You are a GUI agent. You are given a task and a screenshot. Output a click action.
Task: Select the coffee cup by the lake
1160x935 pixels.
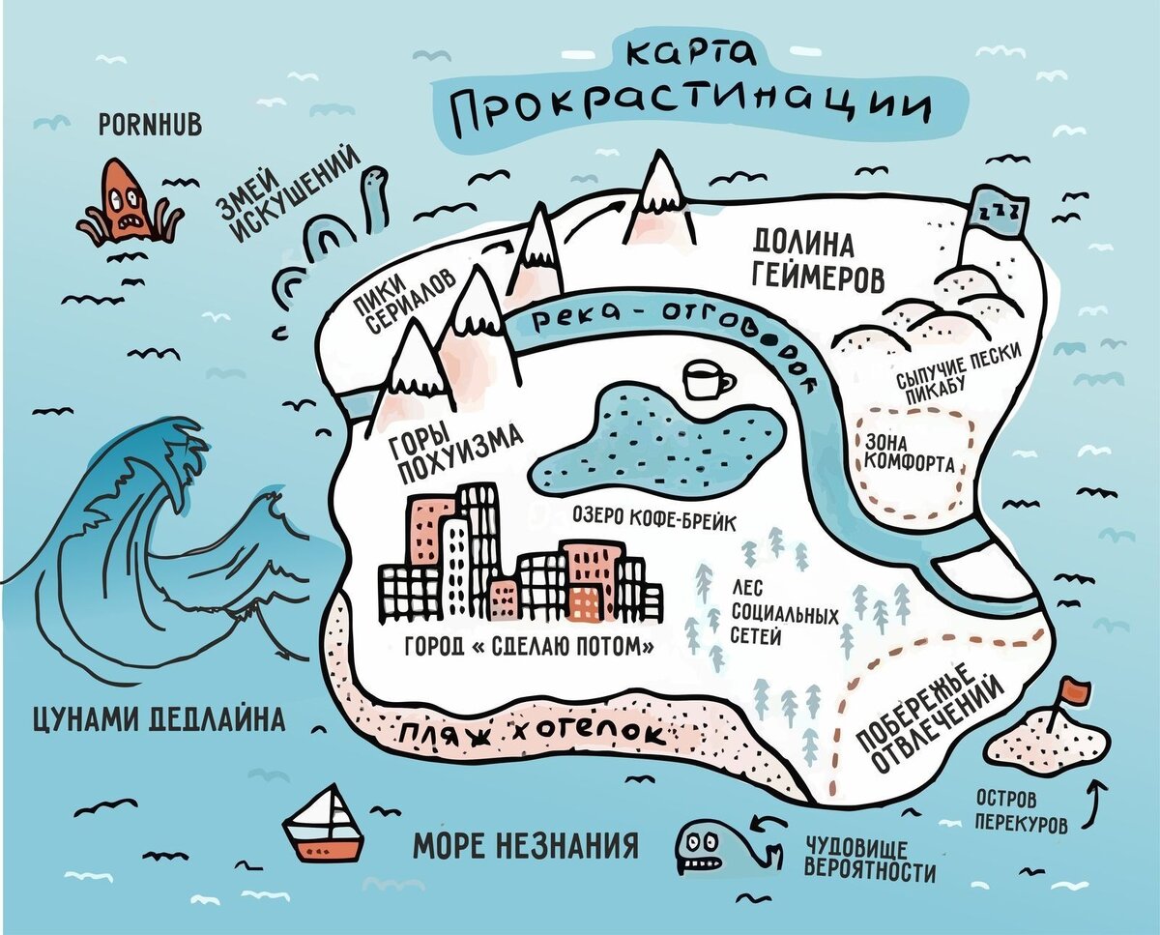706,380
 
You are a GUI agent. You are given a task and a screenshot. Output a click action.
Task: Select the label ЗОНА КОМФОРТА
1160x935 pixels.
908,453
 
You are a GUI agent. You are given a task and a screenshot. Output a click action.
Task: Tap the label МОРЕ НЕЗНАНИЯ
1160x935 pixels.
526,846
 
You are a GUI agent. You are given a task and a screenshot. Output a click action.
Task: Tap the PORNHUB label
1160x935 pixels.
151,125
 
